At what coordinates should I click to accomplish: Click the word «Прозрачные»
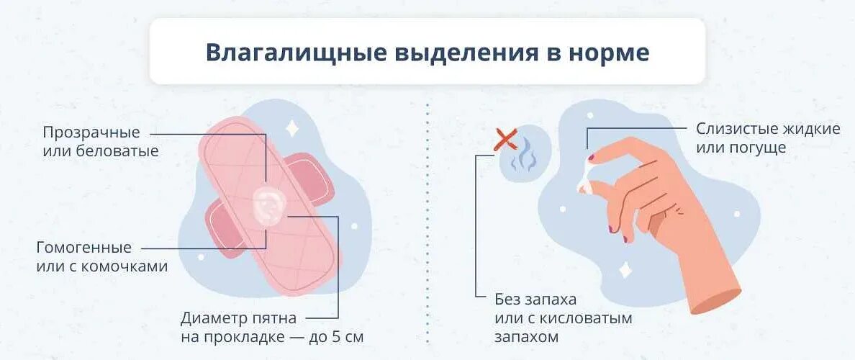tap(91, 133)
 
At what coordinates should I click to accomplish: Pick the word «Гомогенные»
tap(84, 248)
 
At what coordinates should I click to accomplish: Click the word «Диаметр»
tap(212, 318)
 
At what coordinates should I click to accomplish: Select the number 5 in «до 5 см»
tap(343, 336)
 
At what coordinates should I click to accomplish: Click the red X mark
tap(506, 139)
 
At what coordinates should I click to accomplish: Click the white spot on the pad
tap(267, 204)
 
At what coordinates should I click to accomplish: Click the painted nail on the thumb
tap(612, 229)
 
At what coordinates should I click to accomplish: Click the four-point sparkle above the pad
tap(293, 128)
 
